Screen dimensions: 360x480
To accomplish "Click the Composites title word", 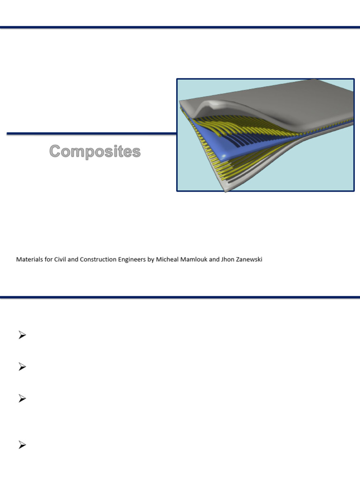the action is click(x=95, y=151).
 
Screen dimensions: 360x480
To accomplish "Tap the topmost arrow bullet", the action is click(x=22, y=335).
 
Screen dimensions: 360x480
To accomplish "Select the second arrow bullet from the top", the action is click(x=22, y=367).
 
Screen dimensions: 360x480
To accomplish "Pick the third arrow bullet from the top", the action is click(x=22, y=399).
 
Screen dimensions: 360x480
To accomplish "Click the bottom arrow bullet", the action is click(x=22, y=446).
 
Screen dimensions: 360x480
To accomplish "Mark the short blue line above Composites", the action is click(x=91, y=134).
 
